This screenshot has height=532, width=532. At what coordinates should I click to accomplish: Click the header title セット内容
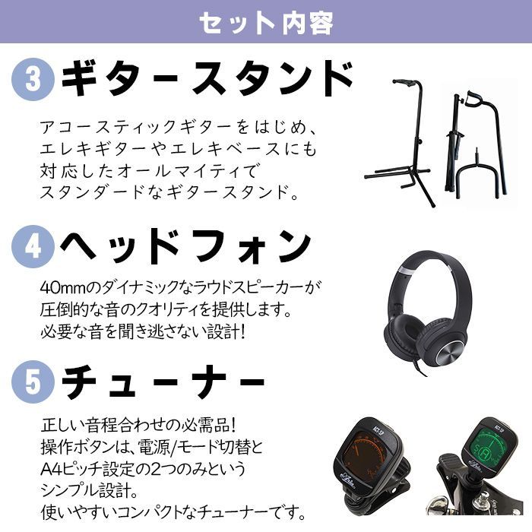coord(266,23)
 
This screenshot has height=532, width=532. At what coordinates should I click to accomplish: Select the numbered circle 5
coord(33,380)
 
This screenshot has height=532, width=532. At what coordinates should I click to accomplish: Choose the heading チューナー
coord(163,380)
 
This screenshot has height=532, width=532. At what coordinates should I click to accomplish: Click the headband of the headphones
coord(426,262)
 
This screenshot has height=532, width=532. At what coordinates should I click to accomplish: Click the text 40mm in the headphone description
coord(57,290)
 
